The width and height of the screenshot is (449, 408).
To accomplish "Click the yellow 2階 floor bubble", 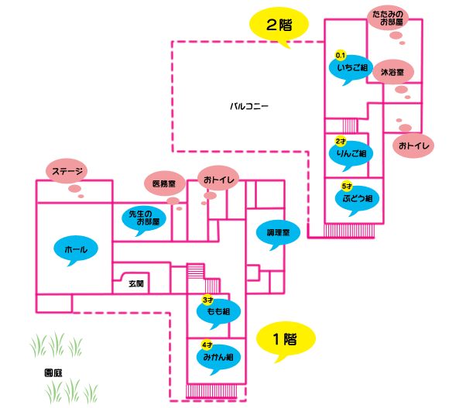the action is click(279, 24).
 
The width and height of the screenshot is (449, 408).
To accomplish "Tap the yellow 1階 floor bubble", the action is click(286, 339).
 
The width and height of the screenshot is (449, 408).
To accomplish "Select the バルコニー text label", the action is click(249, 107).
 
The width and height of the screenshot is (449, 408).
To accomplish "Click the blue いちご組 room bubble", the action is click(351, 67).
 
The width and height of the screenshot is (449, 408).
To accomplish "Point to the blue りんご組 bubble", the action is click(351, 153).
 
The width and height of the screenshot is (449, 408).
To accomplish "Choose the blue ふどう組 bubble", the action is click(358, 198).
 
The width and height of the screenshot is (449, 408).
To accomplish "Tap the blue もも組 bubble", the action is click(218, 311).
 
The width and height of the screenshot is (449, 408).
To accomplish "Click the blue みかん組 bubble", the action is click(218, 357).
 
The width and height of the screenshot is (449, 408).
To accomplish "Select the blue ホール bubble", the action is click(76, 249).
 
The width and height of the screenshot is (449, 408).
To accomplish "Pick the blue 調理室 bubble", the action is click(279, 232).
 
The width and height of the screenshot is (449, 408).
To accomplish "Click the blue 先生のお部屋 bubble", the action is click(144, 218).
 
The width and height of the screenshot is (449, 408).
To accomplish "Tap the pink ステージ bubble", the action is click(67, 171).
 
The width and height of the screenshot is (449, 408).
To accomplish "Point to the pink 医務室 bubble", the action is click(165, 183).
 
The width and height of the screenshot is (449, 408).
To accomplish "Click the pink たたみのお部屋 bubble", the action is click(388, 18).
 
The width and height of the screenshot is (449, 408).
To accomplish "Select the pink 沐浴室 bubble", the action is click(393, 72).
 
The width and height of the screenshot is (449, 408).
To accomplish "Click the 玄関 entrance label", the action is click(135, 283).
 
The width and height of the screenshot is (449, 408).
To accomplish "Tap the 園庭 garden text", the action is click(53, 373).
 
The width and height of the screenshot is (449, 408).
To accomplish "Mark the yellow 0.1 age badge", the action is click(341, 55).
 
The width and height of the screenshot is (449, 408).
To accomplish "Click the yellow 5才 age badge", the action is click(347, 187).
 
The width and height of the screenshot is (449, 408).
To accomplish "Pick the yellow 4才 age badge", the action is click(207, 345).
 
